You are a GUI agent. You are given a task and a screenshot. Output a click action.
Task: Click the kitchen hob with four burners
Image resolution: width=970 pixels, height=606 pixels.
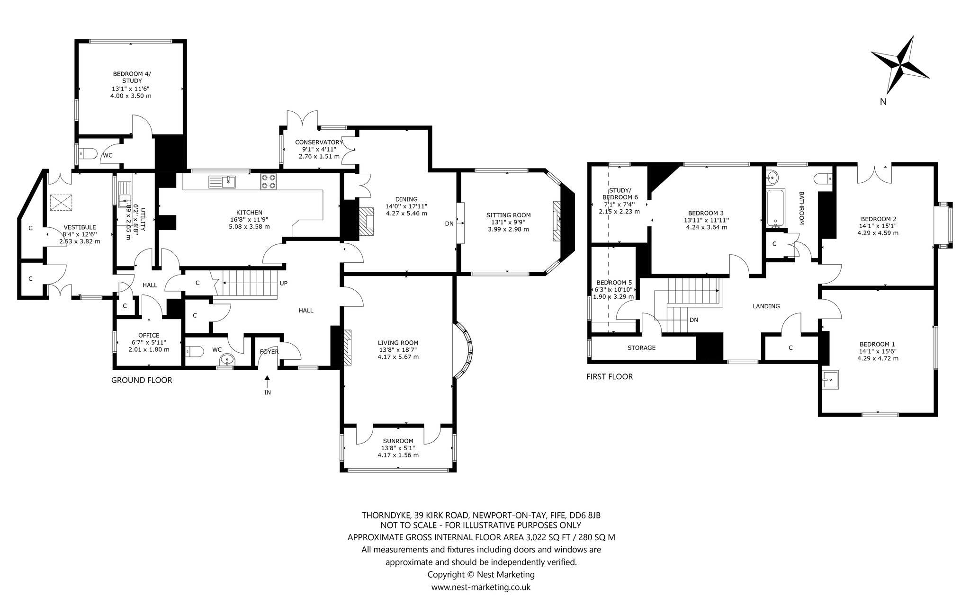[x=269, y=182]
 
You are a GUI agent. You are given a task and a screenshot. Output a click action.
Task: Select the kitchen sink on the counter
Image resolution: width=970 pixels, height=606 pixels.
[x=222, y=182]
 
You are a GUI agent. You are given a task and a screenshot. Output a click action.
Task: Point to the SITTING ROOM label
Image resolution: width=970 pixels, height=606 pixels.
[x=508, y=215]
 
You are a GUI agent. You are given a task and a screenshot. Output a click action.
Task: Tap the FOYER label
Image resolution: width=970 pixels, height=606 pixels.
[x=269, y=352]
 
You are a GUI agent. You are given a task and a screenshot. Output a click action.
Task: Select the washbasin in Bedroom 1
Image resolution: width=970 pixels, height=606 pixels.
[x=831, y=379]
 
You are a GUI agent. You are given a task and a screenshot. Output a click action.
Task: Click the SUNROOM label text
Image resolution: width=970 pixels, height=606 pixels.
[x=398, y=441]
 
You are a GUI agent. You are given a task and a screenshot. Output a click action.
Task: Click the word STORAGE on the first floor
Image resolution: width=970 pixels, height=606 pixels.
[x=641, y=348]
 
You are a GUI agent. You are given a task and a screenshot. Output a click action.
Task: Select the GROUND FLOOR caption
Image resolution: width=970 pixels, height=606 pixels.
[x=142, y=380]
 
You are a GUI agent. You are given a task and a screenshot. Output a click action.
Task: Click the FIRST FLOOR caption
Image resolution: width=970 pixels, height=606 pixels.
[x=610, y=377]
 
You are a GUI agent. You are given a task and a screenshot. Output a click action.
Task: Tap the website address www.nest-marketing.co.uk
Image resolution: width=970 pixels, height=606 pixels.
[x=481, y=587]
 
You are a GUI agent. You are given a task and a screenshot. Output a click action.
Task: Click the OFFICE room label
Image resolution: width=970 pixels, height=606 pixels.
[x=149, y=336]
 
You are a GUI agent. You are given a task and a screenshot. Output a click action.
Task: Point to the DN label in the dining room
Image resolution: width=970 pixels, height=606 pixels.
[x=449, y=223]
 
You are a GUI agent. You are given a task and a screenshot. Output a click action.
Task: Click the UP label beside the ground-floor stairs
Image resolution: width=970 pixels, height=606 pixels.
[x=284, y=283]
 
